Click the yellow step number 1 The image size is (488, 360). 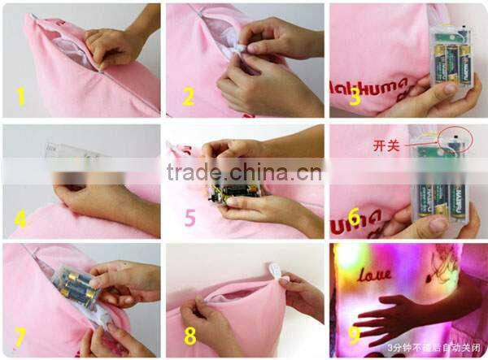21,97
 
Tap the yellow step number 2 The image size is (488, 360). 189,98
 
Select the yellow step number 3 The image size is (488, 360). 354,98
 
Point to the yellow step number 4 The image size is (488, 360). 21,218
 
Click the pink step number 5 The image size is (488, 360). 190,218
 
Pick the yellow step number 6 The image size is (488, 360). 354,218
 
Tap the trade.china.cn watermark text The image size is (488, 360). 243,172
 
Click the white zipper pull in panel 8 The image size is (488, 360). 275,275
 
